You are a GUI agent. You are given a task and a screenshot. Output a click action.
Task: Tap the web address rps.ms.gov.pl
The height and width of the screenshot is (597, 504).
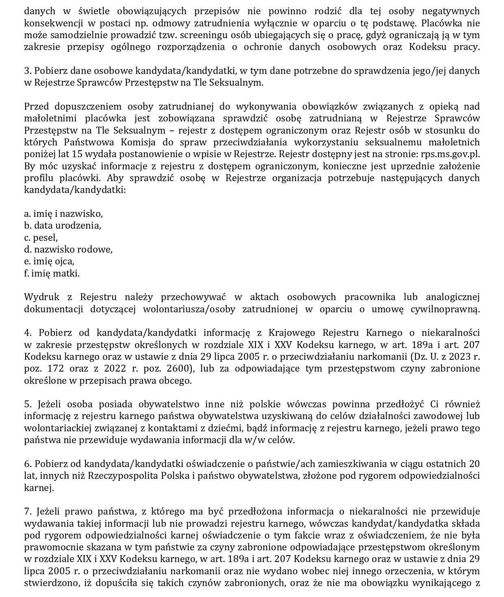(452, 154)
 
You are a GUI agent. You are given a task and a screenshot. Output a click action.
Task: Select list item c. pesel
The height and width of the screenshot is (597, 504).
(41, 238)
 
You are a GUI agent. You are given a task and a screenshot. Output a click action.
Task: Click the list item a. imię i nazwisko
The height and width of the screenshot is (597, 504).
(63, 214)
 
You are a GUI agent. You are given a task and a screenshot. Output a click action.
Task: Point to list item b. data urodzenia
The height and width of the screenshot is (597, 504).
(63, 225)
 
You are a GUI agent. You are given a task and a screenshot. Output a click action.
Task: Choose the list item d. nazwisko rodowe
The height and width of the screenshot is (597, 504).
(68, 249)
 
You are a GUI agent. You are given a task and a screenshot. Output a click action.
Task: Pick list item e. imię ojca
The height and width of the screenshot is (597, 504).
(49, 261)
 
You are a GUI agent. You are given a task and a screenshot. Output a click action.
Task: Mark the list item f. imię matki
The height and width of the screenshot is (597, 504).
(52, 273)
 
